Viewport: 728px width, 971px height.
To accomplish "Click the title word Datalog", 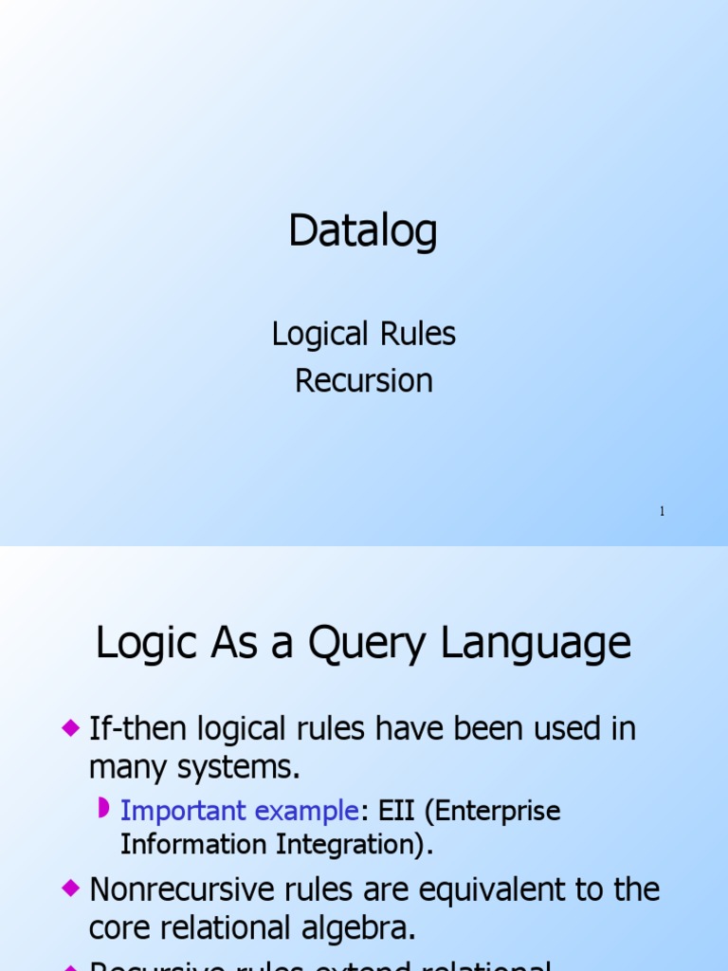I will point(363,231).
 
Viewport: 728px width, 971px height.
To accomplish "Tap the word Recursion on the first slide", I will point(364,380).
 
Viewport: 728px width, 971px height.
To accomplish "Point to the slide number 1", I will point(662,512).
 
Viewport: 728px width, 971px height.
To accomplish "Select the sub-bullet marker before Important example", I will point(105,809).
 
